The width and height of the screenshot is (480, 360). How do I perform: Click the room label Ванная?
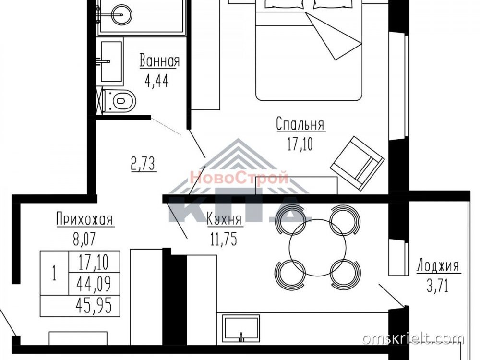[x=159, y=60]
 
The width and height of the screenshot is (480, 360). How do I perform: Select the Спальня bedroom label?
[x=300, y=124]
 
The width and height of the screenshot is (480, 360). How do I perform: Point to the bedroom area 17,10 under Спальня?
[x=300, y=144]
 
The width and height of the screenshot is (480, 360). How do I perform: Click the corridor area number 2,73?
[x=144, y=164]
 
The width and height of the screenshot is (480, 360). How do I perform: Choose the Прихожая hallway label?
[x=85, y=219]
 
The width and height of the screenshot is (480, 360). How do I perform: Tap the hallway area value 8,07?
[x=84, y=239]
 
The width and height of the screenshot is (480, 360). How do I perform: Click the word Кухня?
[x=224, y=219]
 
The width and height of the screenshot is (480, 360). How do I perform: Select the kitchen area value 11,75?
[x=224, y=239]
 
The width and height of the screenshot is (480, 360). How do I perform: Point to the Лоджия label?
[x=438, y=266]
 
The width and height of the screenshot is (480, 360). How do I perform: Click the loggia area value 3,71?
[x=437, y=286]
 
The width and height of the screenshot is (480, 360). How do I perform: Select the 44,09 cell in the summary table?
[x=95, y=284]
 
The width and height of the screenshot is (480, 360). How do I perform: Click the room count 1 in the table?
[x=55, y=273]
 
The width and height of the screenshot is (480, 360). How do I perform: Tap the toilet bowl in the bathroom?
[x=120, y=100]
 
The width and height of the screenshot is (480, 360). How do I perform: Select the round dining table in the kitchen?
[x=318, y=247]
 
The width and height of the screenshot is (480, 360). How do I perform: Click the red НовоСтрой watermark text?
[x=239, y=178]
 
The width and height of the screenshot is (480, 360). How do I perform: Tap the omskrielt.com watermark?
[x=413, y=339]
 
